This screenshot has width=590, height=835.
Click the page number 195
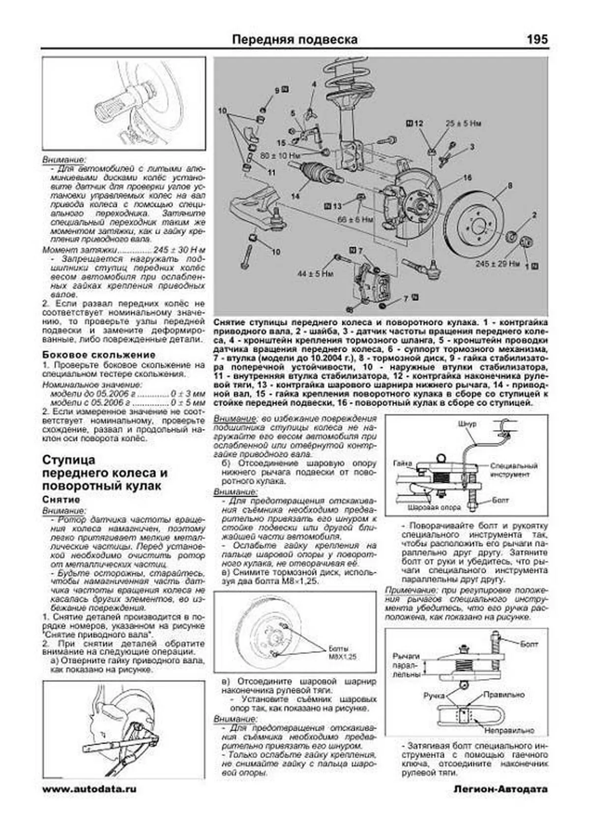537,39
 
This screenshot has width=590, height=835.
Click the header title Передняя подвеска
295,39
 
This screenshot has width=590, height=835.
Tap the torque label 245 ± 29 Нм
497,264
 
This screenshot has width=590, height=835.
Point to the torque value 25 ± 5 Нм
463,124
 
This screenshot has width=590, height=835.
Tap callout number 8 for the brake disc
510,186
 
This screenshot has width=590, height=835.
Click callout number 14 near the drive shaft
295,196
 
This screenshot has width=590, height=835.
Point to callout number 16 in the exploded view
468,178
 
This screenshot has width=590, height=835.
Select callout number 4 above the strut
314,85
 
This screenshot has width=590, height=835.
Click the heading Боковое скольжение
99,355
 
